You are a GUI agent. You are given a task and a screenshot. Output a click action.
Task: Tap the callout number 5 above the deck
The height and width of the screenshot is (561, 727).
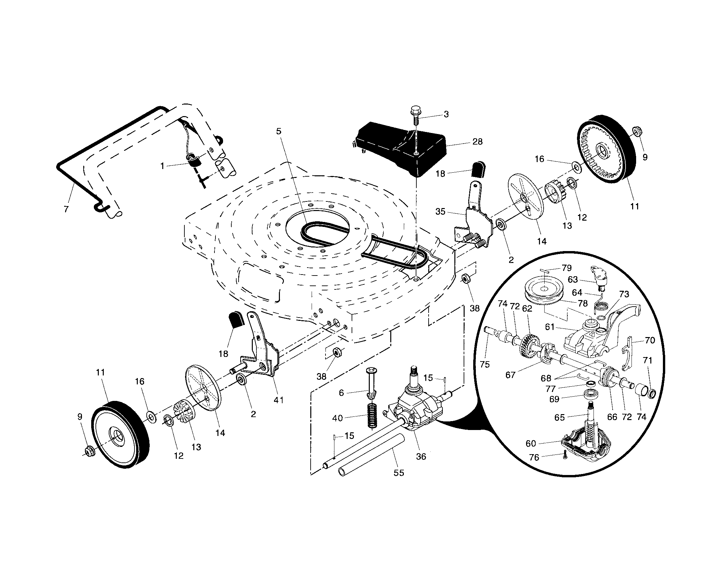tap(279, 131)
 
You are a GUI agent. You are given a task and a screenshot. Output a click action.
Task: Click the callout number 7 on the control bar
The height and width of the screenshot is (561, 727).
tap(66, 209)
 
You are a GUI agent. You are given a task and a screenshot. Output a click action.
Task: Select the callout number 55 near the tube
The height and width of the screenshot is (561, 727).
tap(399, 473)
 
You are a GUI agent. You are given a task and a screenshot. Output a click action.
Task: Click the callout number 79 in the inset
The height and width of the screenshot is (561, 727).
tap(566, 268)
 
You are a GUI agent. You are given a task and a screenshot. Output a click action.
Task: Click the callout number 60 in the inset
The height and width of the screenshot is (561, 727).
tap(531, 443)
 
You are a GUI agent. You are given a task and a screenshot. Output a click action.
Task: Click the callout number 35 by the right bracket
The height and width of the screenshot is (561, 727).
tap(440, 212)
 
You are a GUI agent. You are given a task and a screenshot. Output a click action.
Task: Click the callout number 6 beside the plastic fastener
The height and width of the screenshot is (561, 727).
tap(341, 393)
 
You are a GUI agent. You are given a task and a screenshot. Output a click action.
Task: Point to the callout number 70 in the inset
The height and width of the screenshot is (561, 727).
tap(650, 340)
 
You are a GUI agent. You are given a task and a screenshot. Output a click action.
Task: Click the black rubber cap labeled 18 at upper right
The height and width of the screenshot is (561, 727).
tap(478, 169)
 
